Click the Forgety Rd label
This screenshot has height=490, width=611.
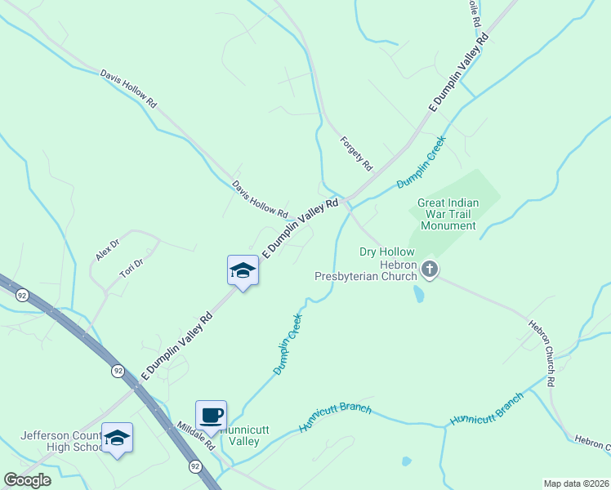(356, 154)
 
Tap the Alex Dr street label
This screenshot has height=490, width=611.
(107, 249)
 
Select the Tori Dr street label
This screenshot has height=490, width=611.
(132, 269)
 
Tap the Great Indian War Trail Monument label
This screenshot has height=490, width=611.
(448, 214)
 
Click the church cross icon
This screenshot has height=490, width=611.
(430, 269)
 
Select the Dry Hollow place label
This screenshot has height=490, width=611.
(387, 252)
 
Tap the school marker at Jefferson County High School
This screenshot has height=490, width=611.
(117, 438)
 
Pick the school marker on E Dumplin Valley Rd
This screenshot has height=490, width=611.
(243, 269)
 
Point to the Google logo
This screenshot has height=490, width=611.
(27, 480)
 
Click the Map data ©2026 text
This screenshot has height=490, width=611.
(575, 483)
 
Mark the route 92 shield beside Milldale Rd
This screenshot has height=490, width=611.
(194, 466)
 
